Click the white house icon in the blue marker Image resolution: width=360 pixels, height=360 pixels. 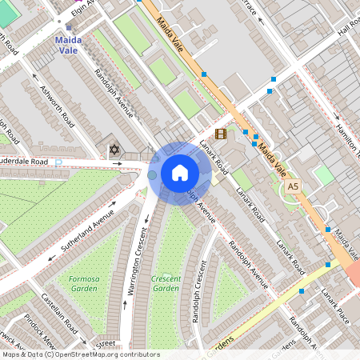[x=180, y=173]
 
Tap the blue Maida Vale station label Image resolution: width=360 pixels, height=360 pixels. [x=68, y=44]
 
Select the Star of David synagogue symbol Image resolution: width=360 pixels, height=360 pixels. [x=114, y=149]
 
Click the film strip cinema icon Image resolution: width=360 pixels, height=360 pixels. [x=221, y=134]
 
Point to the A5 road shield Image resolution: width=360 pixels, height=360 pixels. [x=294, y=186]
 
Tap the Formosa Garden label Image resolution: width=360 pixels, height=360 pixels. [x=78, y=284]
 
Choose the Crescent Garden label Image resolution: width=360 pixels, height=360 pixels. [x=166, y=283]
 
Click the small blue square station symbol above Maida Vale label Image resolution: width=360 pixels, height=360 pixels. [x=69, y=27]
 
